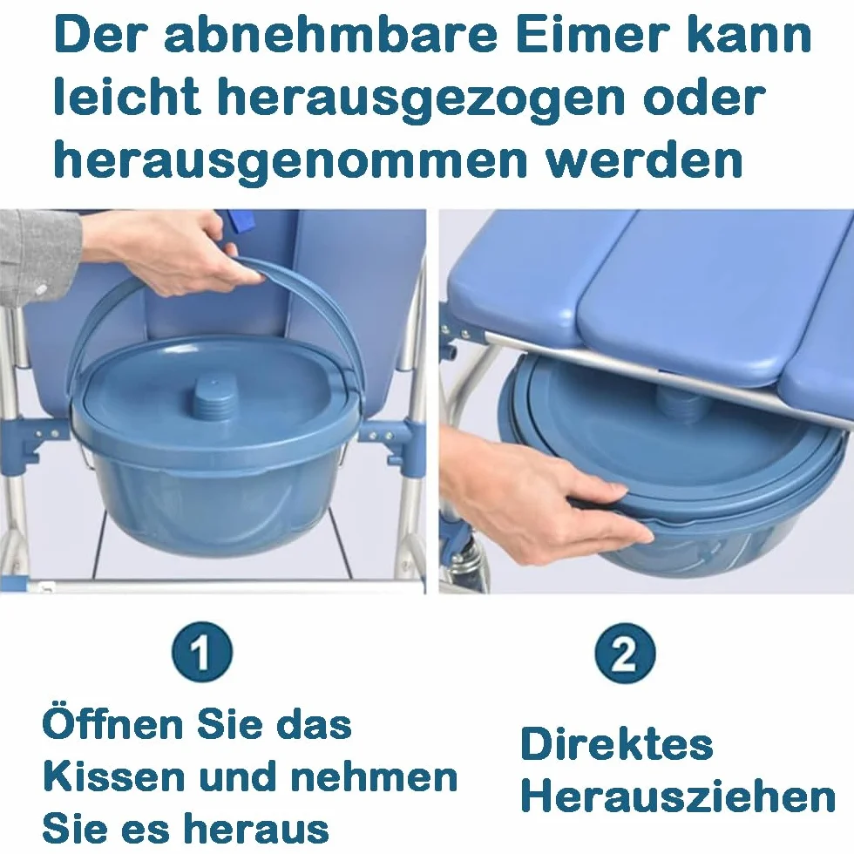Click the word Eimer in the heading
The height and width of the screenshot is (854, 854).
(x=589, y=35)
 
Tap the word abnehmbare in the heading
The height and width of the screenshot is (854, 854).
(x=332, y=35)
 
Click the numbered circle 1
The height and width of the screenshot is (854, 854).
(x=202, y=652)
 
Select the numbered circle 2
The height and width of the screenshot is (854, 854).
(x=625, y=653)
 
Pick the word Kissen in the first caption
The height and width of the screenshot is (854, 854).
(x=114, y=776)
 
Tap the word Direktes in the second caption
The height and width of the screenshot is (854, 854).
(x=617, y=743)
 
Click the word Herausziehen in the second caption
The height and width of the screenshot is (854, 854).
(x=679, y=796)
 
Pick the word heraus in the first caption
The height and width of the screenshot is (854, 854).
(x=256, y=829)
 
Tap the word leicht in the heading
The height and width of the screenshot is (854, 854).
(x=127, y=97)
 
